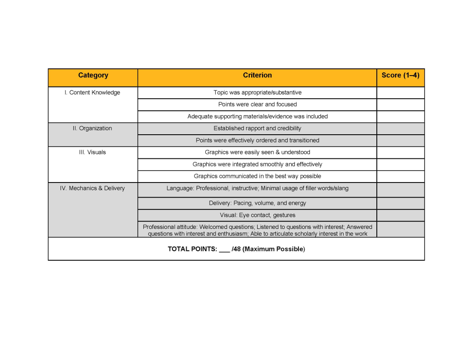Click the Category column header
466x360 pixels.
(93, 76)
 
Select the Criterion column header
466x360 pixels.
(257, 76)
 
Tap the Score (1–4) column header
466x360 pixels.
(400, 76)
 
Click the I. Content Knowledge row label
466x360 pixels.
(92, 93)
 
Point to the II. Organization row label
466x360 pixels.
(92, 128)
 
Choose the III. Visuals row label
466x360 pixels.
(92, 152)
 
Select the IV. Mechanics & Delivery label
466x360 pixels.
(92, 188)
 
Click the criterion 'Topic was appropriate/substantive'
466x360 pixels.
(257, 93)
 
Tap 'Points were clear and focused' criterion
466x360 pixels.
(257, 105)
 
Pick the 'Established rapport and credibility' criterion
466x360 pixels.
(257, 128)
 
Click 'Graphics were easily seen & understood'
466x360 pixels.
(257, 152)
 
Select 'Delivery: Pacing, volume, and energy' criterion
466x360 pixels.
(257, 203)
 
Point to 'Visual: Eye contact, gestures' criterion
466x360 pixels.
(257, 215)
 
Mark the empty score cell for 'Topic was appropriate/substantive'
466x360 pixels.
(400, 93)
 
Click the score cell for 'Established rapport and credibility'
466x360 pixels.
(400, 128)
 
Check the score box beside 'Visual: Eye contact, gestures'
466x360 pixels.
(400, 215)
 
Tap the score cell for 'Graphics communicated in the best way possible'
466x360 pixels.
(400, 177)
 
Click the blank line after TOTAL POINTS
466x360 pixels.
(224, 249)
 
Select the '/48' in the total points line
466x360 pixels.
(236, 249)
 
